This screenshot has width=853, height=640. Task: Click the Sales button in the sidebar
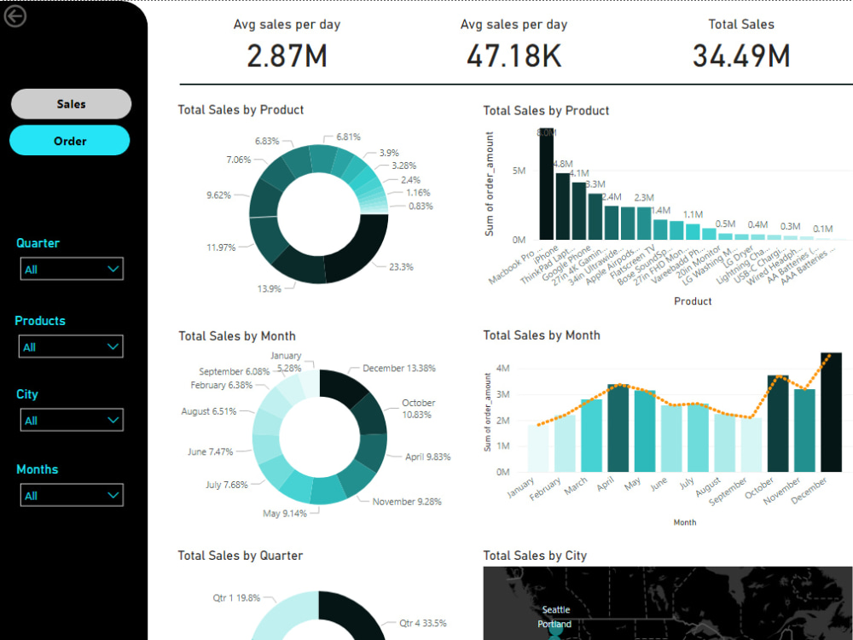[x=71, y=104]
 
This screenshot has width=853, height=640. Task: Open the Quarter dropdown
[x=72, y=269]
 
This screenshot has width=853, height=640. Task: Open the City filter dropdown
[x=72, y=421]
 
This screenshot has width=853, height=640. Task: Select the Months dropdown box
[x=72, y=496]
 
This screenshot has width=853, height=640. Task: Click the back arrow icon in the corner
[x=15, y=15]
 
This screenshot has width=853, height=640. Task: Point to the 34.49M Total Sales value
[x=740, y=56]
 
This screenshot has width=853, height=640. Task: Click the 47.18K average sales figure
[x=514, y=56]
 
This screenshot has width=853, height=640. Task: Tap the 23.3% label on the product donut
[x=401, y=267]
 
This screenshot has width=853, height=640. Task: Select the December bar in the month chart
[x=830, y=412]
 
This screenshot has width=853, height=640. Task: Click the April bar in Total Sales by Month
[x=618, y=428]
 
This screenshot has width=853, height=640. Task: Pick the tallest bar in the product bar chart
[x=547, y=184]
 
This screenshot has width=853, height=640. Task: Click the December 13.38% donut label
[x=398, y=369]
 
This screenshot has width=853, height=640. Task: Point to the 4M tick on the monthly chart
[x=502, y=369]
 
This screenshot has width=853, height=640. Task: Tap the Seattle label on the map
[x=557, y=610]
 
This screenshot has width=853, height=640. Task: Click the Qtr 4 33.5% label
[x=422, y=623]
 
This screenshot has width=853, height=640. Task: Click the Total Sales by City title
[x=535, y=556]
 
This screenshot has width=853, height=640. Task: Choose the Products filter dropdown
[x=72, y=346]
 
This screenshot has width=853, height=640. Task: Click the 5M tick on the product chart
[x=519, y=171]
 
